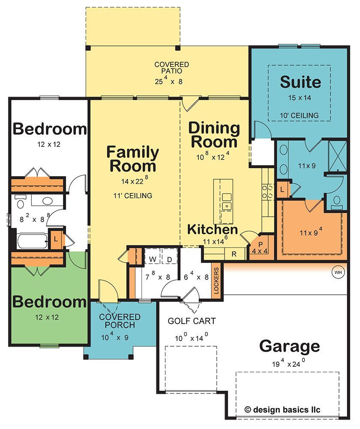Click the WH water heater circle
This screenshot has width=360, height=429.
tap(338, 272)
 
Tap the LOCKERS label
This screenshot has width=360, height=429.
tap(216, 281)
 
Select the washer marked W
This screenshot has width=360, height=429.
tap(153, 259)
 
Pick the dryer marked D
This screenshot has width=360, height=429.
tap(169, 259)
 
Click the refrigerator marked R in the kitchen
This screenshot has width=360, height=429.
tap(234, 254)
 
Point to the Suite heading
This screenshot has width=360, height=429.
tap(300, 82)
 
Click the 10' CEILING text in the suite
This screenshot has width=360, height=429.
tap(299, 115)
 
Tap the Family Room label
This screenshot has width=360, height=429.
tap(132, 159)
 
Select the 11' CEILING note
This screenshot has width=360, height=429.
tap(132, 196)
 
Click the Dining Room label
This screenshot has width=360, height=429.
tap(214, 135)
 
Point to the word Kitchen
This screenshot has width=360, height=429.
tap(213, 229)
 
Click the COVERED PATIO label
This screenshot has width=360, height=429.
tap(171, 68)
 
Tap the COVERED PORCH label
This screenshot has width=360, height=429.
tap(120, 321)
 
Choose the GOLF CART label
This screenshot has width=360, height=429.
tap(192, 321)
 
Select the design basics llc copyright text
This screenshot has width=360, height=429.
tap(282, 410)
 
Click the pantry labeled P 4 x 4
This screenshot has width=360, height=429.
tap(260, 248)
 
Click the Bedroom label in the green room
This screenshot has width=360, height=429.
tap(49, 302)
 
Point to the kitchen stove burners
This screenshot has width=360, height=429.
tap(267, 191)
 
